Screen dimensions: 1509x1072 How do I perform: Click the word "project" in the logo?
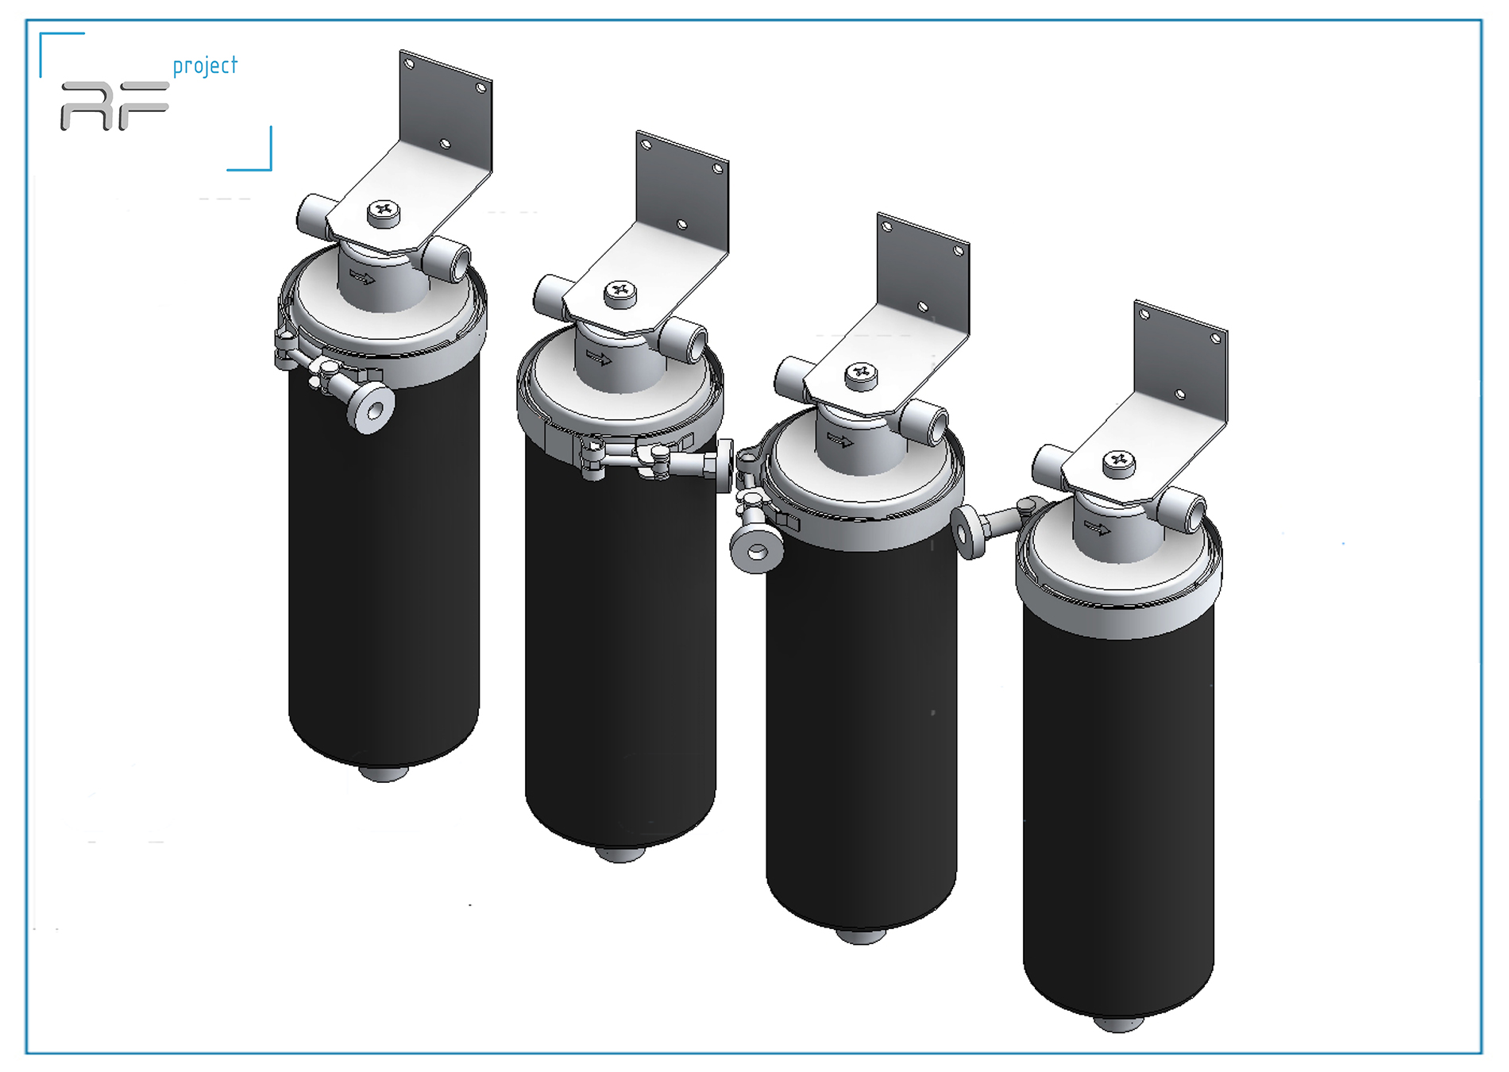(205, 66)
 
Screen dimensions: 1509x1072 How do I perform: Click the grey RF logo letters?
(114, 106)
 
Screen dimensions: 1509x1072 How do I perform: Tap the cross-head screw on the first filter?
(384, 211)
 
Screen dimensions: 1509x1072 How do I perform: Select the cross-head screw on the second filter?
(620, 292)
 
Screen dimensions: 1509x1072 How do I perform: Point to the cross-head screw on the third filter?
(861, 374)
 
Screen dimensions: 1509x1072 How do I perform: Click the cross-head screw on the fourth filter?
(1119, 461)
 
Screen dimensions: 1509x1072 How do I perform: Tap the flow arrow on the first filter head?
(362, 278)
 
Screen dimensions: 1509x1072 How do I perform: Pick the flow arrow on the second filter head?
(599, 358)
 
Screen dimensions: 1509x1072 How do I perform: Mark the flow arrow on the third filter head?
(840, 440)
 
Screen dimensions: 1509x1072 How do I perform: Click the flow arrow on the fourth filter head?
(1098, 527)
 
